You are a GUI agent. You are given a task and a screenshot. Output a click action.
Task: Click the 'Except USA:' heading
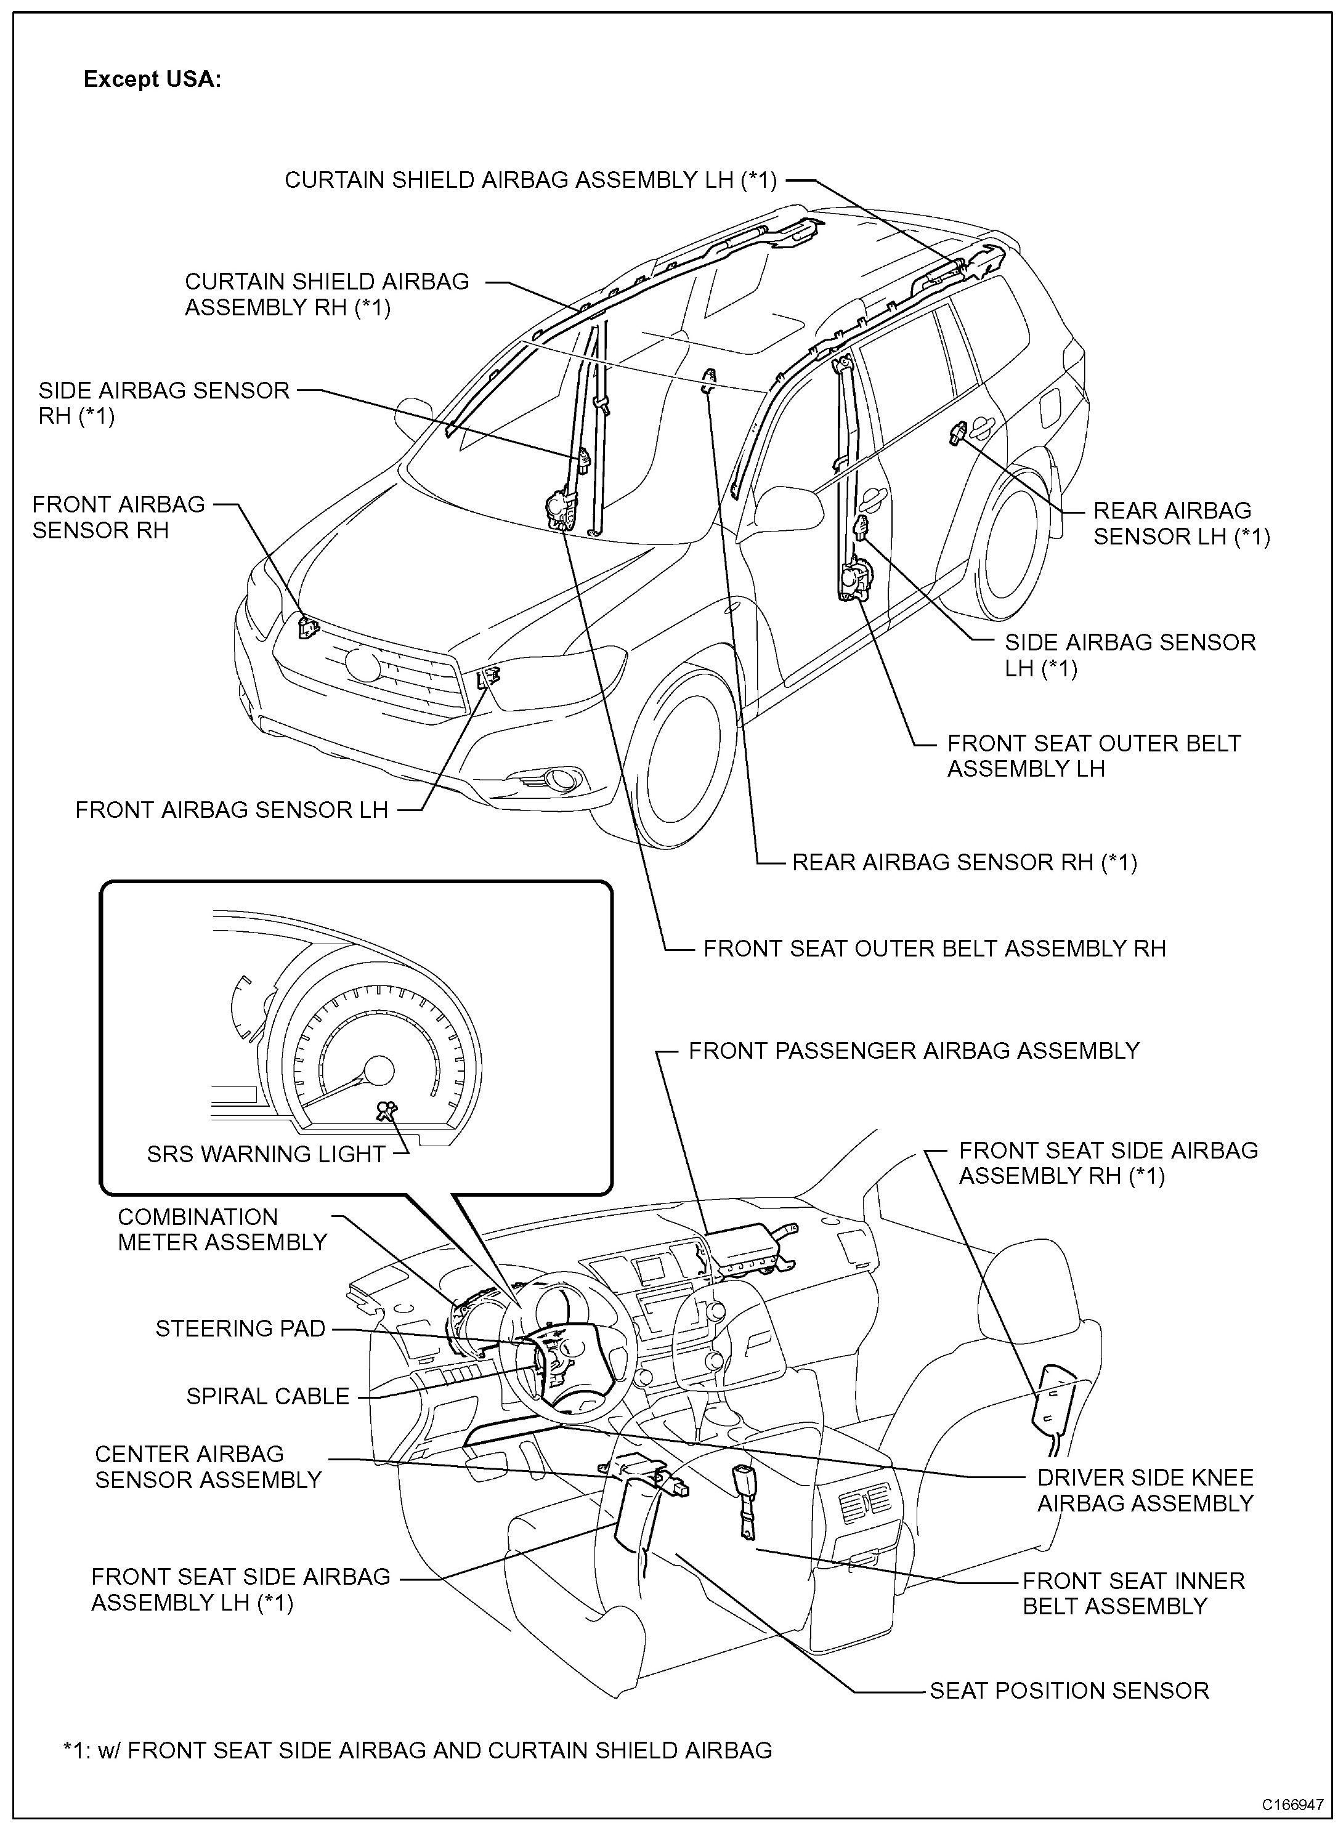pos(152,79)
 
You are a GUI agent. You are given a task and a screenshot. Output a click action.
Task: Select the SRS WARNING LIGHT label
pos(266,1154)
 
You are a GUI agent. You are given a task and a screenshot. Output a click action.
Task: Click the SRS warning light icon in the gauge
pos(387,1112)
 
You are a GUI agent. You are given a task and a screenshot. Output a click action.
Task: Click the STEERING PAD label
pos(240,1329)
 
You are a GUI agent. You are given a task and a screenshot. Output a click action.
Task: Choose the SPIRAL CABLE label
pos(268,1396)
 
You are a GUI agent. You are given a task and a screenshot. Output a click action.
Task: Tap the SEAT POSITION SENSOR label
pos(1069,1691)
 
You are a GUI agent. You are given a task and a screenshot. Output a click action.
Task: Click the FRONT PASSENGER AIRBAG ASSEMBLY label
pos(914,1051)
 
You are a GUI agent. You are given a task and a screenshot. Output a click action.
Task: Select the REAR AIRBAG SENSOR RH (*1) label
pos(964,862)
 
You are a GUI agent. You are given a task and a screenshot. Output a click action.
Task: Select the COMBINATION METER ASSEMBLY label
pos(222,1230)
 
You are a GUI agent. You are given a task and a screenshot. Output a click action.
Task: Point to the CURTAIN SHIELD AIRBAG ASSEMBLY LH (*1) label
pos(530,180)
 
